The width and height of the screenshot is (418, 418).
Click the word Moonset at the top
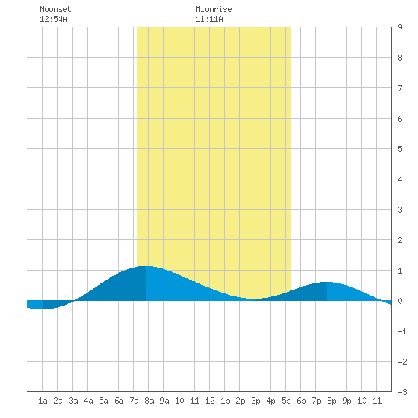[x=55, y=9]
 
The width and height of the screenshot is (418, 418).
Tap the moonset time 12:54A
[x=53, y=19]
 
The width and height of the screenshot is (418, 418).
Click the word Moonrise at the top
[x=214, y=9]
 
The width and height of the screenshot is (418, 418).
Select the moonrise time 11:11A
[x=209, y=19]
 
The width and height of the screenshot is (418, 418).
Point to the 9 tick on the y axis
[x=400, y=27]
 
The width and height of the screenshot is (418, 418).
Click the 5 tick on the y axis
[x=400, y=149]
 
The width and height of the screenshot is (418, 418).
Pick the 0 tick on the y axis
[x=400, y=301]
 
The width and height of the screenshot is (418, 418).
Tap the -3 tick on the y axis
[x=402, y=392]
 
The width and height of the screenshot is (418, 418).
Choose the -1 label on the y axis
[x=402, y=331]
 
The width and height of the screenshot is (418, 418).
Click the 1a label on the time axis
[x=43, y=401]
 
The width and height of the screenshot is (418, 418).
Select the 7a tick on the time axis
[x=134, y=401]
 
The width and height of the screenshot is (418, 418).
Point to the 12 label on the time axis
[x=210, y=401]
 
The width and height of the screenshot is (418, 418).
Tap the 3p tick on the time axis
[x=255, y=401]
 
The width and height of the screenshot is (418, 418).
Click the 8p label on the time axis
[x=331, y=401]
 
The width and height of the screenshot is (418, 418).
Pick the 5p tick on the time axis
[x=286, y=401]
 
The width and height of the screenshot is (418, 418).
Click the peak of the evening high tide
[x=327, y=282]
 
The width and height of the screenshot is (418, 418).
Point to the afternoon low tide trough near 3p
[x=253, y=299]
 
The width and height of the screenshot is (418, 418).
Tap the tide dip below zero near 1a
[x=43, y=309]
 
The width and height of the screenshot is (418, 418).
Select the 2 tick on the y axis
[x=400, y=240]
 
